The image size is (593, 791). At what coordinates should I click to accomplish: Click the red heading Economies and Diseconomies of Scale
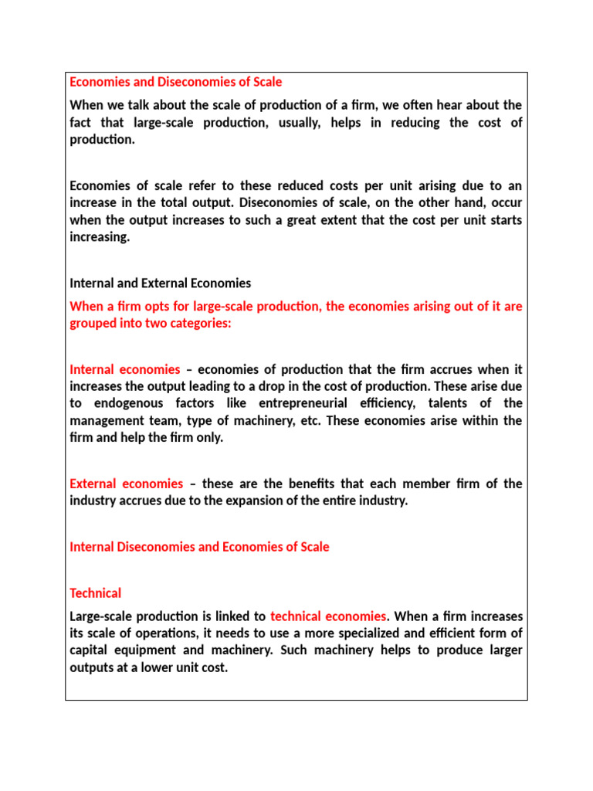(x=176, y=82)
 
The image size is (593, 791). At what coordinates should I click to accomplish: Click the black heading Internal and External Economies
(x=161, y=283)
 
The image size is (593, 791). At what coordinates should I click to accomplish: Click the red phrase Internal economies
(x=125, y=370)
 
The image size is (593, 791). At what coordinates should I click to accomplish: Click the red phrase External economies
(x=127, y=484)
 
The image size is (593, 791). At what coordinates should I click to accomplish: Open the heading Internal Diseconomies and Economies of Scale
(x=199, y=547)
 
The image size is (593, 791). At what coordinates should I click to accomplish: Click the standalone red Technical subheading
(x=96, y=593)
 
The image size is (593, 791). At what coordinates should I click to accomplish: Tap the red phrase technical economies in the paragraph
(x=328, y=616)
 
